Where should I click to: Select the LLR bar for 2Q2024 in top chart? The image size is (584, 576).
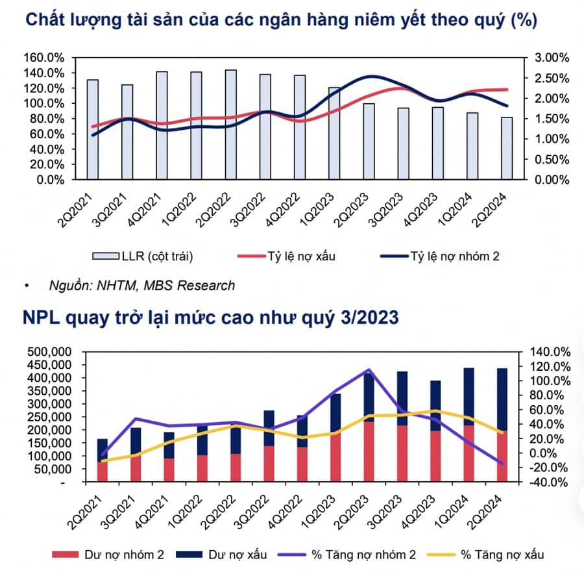coord(506,148)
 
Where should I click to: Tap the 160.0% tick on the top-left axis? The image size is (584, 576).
coord(45,57)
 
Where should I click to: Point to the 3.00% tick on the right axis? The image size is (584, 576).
coord(552,58)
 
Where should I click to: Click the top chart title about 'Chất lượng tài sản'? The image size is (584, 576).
coord(280,20)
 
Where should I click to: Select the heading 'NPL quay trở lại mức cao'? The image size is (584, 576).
coord(211,318)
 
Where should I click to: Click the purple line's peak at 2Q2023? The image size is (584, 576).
coord(369,370)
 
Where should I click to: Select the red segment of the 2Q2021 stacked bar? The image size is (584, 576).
coord(103,472)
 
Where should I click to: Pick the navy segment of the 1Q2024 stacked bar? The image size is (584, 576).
coord(468,397)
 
